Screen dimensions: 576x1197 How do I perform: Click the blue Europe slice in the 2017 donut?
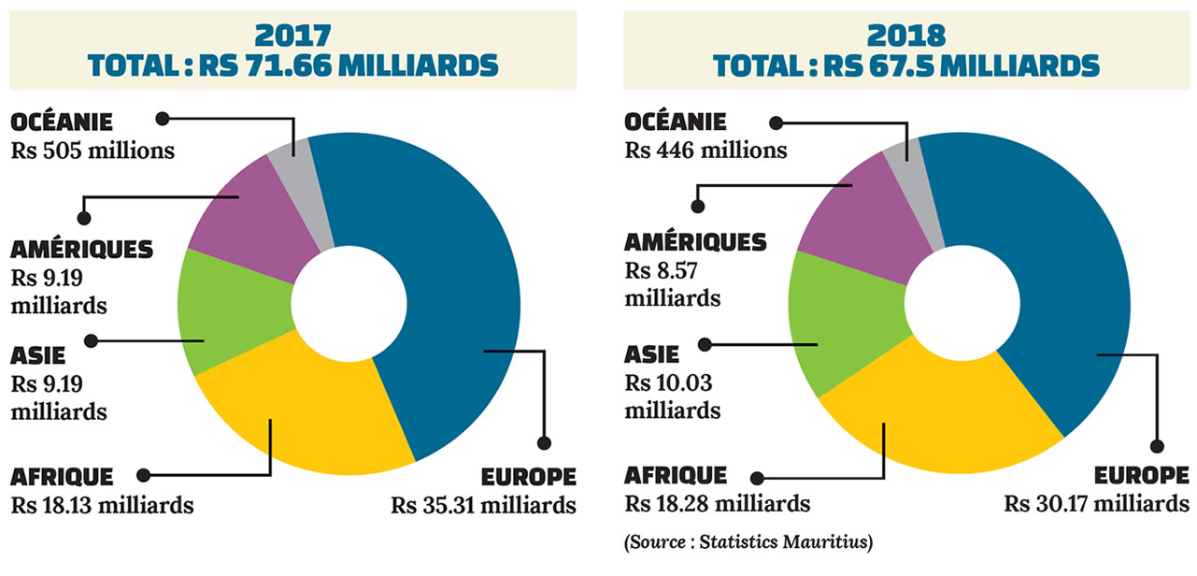coord(449,281)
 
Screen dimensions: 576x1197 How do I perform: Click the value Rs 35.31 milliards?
coord(483,506)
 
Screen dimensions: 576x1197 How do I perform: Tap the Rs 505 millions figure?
coord(93,150)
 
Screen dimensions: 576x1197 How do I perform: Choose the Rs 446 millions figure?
coord(705,150)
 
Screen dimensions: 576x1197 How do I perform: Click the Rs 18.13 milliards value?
coord(103,506)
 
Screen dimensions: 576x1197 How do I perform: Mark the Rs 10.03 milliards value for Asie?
coord(672,396)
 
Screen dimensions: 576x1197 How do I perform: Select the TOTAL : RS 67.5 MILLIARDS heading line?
coord(905,65)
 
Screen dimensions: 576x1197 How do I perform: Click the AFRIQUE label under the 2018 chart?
coord(675,475)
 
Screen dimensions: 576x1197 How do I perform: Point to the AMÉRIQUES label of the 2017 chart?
coord(81,250)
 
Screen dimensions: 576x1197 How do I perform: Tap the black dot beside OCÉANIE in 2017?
coord(162,119)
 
